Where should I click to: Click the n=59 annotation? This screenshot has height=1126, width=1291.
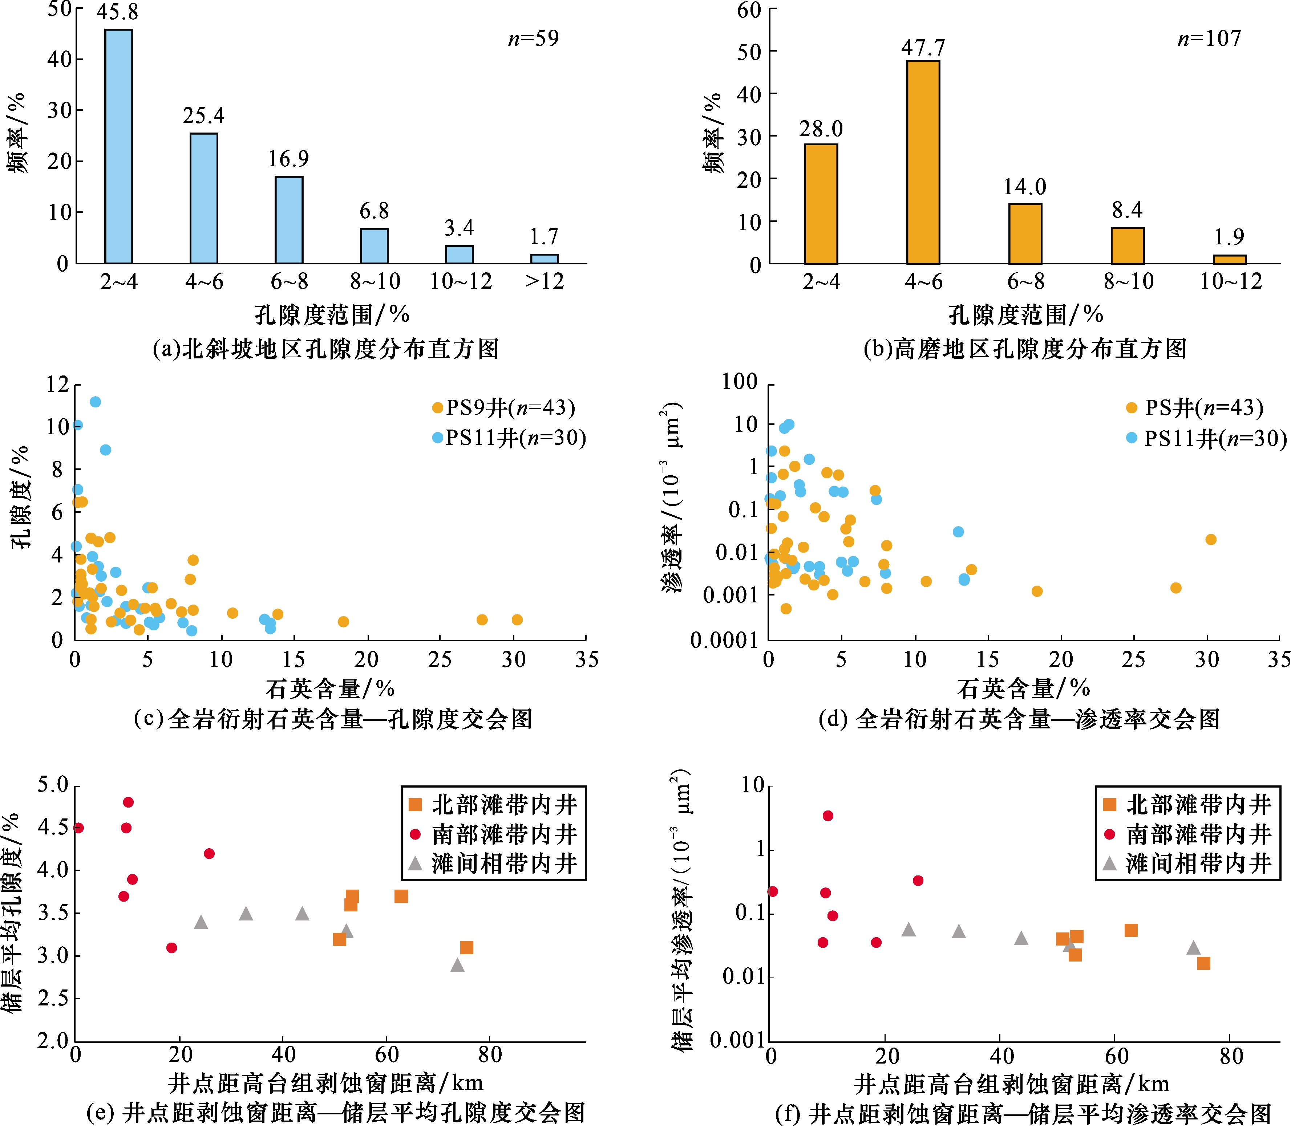tap(533, 39)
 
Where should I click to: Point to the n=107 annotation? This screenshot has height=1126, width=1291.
tap(1209, 39)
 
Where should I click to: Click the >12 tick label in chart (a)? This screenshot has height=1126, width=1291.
tap(544, 281)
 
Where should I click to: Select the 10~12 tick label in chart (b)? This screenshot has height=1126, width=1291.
tap(1231, 281)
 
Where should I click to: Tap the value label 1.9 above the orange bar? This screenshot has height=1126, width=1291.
tap(1229, 237)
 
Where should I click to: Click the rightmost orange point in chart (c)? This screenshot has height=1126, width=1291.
tap(517, 619)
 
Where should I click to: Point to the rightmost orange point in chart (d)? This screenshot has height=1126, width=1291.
tap(1211, 539)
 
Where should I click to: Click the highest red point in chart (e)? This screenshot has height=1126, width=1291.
tap(128, 802)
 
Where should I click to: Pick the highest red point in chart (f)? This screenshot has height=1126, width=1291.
tap(828, 816)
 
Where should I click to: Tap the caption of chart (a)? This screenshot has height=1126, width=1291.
tap(325, 349)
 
